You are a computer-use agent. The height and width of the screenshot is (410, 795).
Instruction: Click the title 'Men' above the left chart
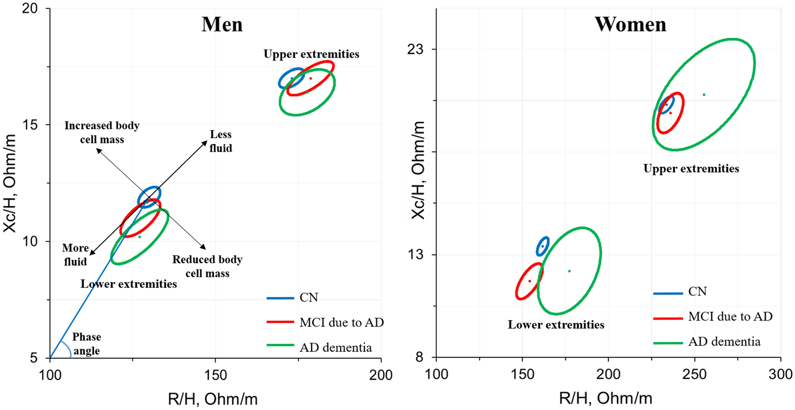[x=222, y=24]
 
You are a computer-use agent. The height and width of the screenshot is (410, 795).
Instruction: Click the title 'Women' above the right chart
[x=630, y=24]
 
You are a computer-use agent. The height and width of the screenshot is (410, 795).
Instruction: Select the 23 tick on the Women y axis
[x=415, y=49]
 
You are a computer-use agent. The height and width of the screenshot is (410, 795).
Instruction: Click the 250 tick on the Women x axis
[x=694, y=374]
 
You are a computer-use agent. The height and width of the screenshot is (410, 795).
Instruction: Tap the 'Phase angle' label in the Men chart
[x=87, y=344]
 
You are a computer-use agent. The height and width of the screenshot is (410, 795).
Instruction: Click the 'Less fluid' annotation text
[x=221, y=141]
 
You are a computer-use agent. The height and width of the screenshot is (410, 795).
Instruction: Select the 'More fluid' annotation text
[x=75, y=254]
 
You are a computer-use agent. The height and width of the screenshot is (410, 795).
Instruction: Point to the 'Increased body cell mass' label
[x=102, y=132]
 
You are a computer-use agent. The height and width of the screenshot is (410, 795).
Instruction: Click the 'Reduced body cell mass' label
[x=207, y=266]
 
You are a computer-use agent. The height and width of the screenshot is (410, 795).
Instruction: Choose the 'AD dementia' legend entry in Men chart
[x=335, y=347]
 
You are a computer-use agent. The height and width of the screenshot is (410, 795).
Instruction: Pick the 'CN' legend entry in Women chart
[x=697, y=292]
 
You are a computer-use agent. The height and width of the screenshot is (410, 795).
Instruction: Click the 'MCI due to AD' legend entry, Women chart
[x=730, y=317]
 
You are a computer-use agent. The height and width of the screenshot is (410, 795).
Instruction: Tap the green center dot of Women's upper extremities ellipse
[x=704, y=95]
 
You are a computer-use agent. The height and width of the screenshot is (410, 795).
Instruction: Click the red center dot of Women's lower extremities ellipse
[x=529, y=281]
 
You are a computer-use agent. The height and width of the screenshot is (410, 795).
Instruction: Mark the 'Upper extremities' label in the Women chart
[x=691, y=169]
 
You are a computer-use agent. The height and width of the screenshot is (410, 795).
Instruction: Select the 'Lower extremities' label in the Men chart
[x=129, y=284]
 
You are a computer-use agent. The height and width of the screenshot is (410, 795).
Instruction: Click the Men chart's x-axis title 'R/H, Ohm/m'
[x=212, y=399]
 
